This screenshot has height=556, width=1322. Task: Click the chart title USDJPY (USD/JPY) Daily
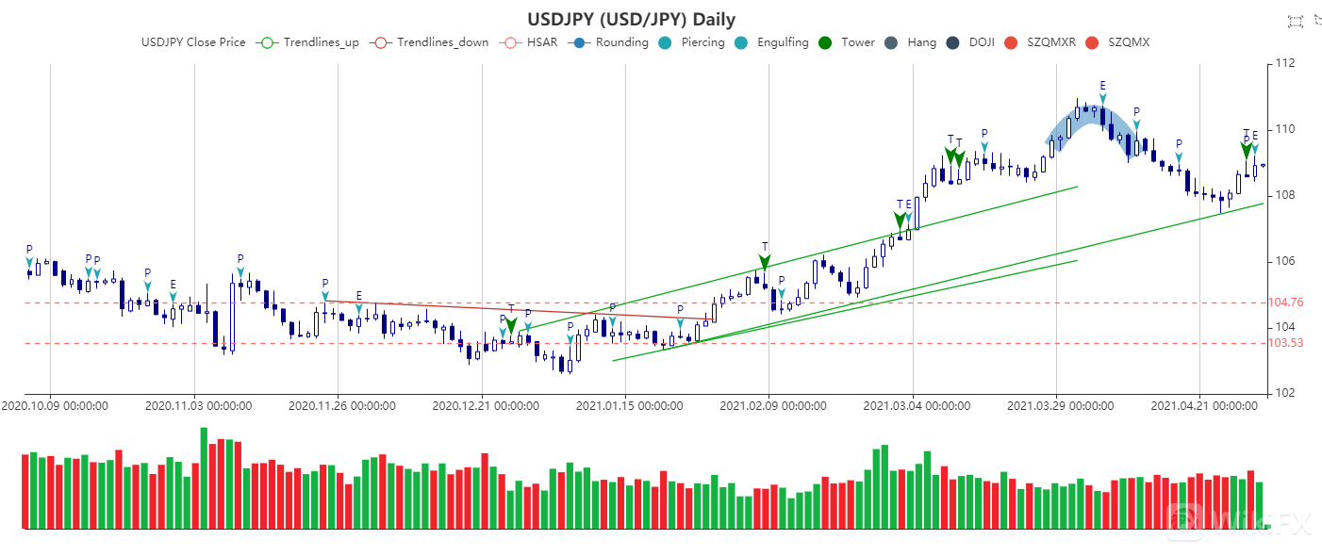(631, 19)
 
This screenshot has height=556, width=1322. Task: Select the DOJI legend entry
(974, 42)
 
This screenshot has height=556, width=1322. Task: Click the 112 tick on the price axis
(1283, 64)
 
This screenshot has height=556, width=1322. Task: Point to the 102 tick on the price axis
(1283, 393)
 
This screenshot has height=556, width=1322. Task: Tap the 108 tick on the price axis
(1283, 195)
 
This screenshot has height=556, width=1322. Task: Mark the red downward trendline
(519, 310)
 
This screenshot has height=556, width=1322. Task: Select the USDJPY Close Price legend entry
(193, 42)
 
